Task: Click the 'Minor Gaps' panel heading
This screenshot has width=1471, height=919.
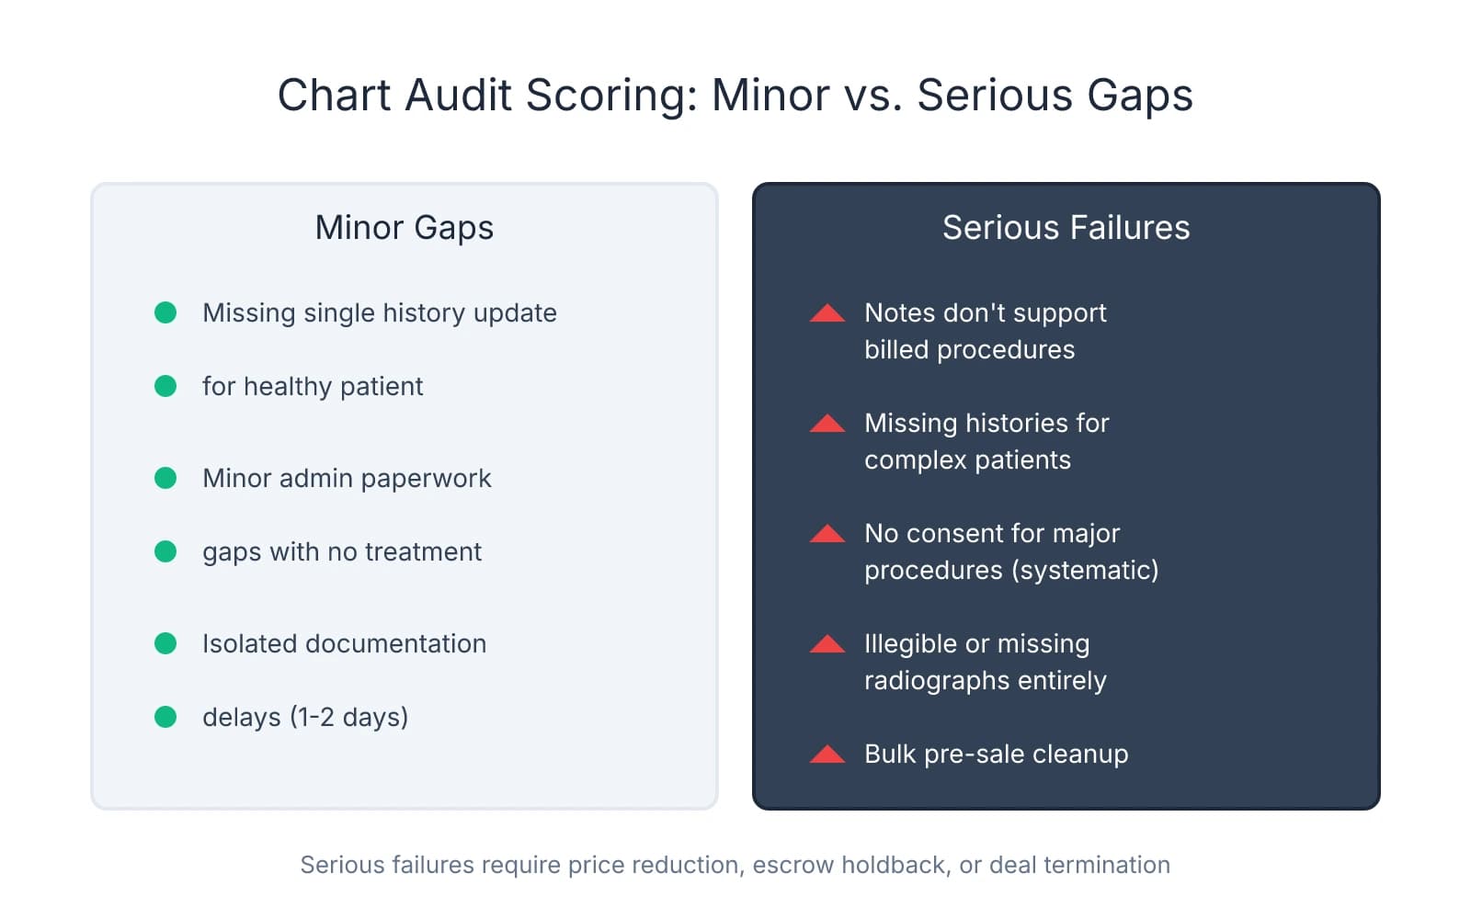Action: [404, 228]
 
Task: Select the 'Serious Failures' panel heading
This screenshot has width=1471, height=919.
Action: [1066, 228]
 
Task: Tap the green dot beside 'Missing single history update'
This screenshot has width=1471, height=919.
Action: [165, 312]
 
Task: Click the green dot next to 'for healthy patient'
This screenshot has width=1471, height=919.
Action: [165, 386]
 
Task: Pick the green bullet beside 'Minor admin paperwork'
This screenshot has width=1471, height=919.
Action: [165, 478]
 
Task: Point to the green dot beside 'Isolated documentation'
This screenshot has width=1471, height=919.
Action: [165, 643]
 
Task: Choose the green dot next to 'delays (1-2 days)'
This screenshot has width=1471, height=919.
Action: [165, 717]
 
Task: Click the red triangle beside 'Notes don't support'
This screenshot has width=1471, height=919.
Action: [827, 313]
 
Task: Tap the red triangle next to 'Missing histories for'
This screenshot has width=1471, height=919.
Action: [827, 424]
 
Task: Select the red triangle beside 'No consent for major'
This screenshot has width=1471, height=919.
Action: [827, 534]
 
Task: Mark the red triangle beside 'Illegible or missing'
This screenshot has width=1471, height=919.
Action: [827, 644]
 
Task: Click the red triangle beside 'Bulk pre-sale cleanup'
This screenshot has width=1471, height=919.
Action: [827, 754]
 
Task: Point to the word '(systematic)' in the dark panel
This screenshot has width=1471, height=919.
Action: [1085, 571]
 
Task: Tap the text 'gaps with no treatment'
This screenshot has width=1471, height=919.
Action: [341, 551]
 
